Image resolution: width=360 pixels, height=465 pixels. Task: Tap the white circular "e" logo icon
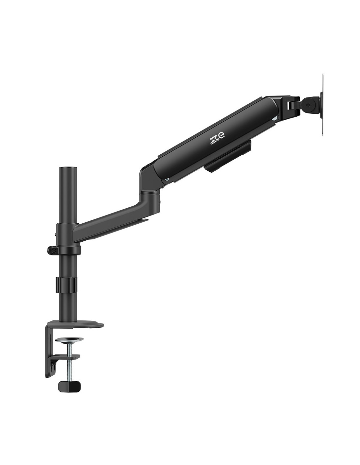[222, 135]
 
